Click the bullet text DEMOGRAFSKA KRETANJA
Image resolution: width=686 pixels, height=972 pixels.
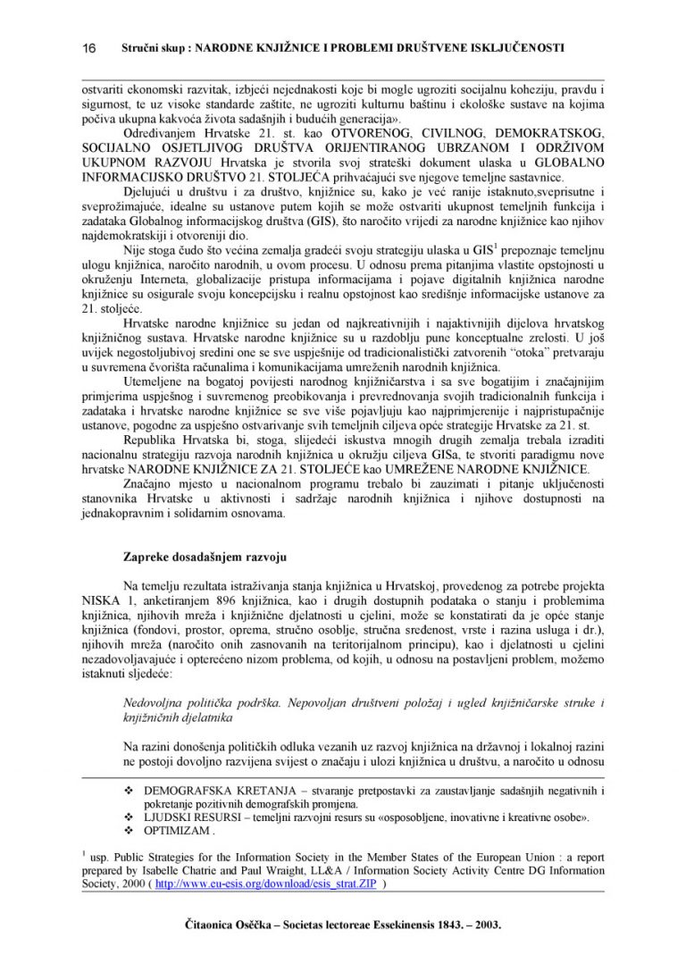click(x=201, y=792)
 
